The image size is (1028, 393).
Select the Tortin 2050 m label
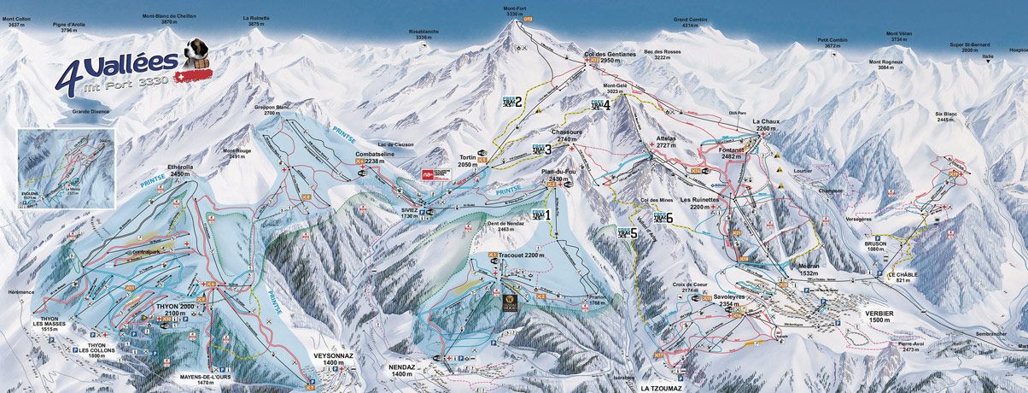pos(467,161)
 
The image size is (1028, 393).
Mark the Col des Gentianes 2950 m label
pos(610,57)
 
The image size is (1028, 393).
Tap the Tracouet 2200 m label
pos(522,255)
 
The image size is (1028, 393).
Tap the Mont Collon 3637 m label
pos(19,21)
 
